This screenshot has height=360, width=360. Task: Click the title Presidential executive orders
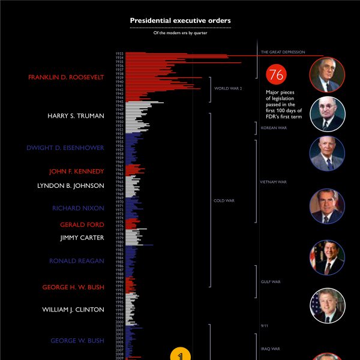(180, 21)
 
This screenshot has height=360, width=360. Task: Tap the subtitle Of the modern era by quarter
(180, 34)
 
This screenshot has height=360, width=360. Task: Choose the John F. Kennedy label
(76, 171)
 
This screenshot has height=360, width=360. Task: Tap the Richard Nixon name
(78, 209)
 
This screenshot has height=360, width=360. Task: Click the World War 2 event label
(228, 88)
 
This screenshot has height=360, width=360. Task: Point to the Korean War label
(274, 128)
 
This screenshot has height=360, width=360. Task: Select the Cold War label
(223, 200)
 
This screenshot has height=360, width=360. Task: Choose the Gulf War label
(271, 281)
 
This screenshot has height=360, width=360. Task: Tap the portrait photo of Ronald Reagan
(327, 257)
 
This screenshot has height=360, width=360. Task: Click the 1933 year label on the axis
(119, 54)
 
